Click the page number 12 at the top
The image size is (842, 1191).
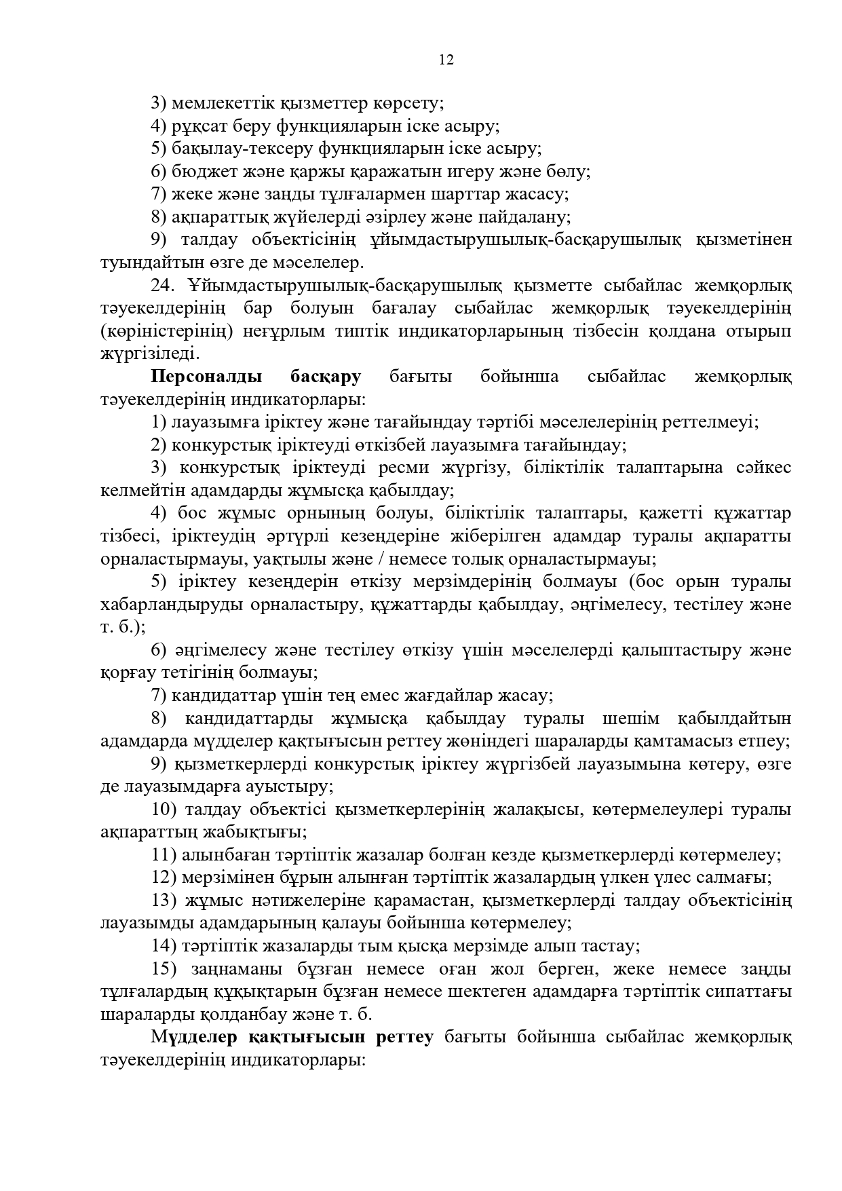coord(446,60)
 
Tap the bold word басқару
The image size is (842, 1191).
coord(325,377)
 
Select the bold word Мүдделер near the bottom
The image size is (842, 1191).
coord(195,1037)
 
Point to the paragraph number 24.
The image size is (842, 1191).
coord(163,286)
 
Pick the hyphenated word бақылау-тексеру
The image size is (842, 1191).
coord(242,149)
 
